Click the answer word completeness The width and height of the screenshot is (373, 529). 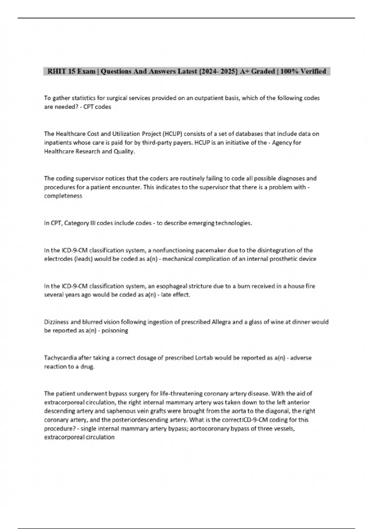(63, 196)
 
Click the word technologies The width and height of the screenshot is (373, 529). (234, 223)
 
